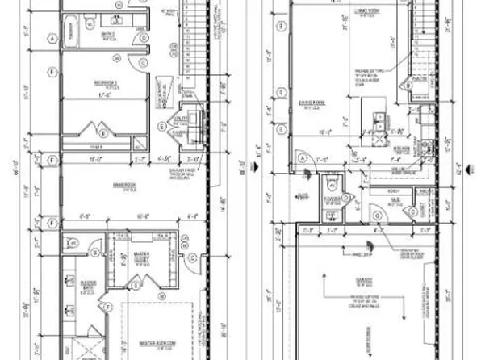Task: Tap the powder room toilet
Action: [x=332, y=215]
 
